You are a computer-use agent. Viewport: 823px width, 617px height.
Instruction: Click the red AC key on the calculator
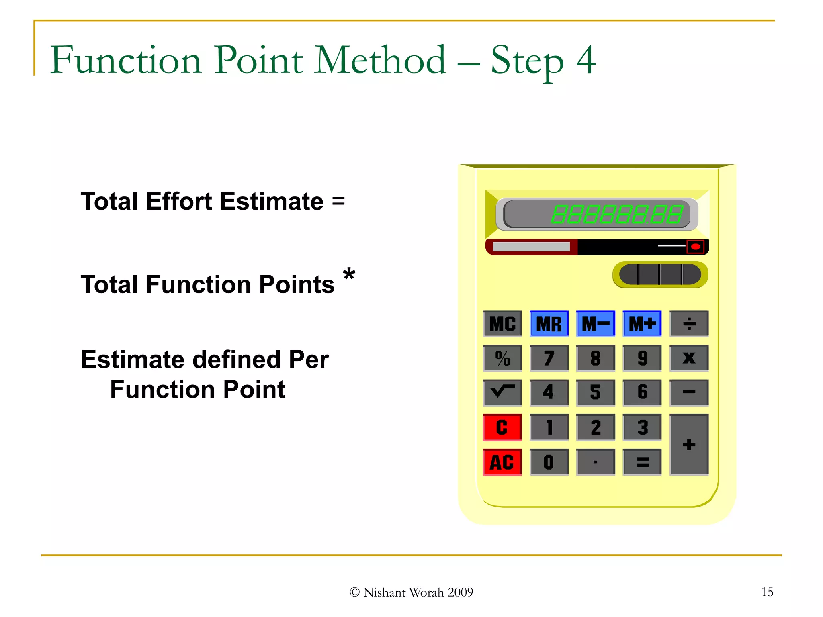502,462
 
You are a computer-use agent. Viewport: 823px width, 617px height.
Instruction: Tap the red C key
502,427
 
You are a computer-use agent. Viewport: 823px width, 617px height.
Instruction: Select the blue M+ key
642,323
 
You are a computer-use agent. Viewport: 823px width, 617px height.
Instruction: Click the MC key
502,323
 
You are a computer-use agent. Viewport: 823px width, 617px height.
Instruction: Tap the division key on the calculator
689,323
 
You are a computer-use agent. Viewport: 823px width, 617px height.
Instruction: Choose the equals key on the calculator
642,462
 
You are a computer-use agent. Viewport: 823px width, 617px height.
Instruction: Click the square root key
502,392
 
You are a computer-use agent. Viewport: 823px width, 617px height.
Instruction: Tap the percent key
502,358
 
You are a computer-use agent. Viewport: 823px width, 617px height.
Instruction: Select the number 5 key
596,392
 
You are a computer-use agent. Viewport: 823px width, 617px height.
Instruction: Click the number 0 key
549,462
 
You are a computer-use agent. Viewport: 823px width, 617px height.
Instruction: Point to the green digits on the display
617,214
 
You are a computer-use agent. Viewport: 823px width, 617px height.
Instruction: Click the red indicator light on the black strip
695,247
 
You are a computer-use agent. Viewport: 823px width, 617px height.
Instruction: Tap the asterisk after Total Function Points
349,276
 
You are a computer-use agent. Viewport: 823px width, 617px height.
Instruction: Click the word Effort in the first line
178,201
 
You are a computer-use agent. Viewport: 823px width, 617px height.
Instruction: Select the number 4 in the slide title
586,60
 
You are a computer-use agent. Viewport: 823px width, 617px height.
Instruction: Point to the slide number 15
767,592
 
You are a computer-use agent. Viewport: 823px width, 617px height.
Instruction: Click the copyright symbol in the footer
354,592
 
